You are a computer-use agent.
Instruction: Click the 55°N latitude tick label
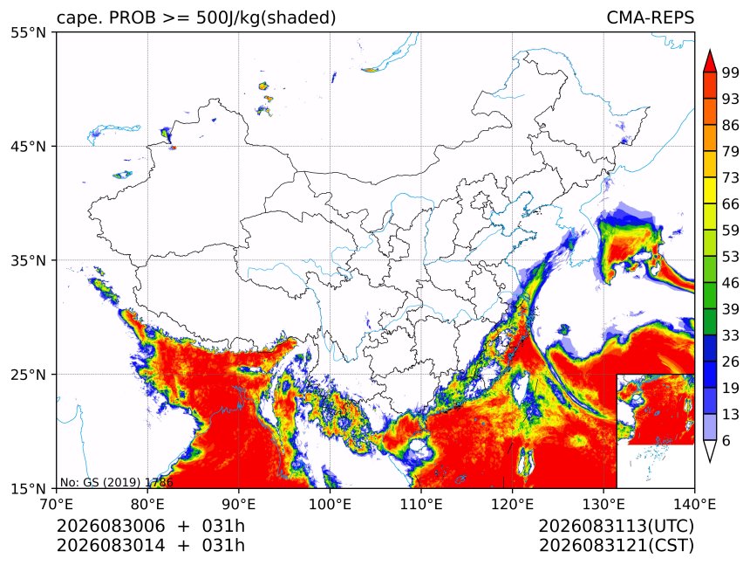[28, 33]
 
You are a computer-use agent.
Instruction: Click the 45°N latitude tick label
[28, 147]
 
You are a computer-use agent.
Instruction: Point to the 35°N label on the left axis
[28, 261]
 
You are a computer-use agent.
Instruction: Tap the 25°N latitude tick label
[28, 375]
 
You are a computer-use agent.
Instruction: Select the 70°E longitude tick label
[57, 504]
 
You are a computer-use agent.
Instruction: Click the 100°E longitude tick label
[330, 504]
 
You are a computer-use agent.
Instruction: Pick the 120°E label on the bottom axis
[512, 504]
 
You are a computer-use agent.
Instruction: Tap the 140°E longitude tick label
[694, 504]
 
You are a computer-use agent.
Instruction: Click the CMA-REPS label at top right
[650, 17]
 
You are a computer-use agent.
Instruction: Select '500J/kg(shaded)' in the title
[266, 18]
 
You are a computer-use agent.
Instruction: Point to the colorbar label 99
[731, 72]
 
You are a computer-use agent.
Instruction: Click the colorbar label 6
[726, 440]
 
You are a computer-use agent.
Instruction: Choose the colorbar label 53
[731, 257]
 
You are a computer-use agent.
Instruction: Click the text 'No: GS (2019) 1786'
[116, 482]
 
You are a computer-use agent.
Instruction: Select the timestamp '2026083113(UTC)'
[616, 526]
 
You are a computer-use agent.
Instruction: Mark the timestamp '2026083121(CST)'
[616, 546]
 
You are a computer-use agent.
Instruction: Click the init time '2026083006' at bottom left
[111, 526]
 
